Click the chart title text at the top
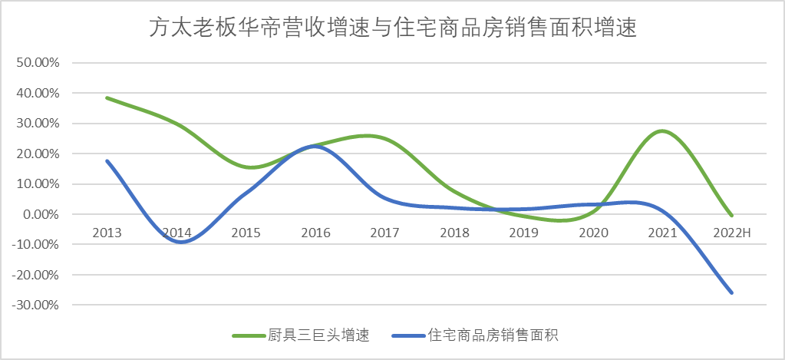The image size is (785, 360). pyautogui.click(x=392, y=28)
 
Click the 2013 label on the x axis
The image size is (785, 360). pyautogui.click(x=107, y=231)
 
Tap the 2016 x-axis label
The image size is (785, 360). pyautogui.click(x=315, y=231)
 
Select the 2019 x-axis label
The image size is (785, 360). pyautogui.click(x=524, y=231)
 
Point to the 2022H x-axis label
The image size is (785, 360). pyautogui.click(x=732, y=231)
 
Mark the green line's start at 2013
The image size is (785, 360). pyautogui.click(x=107, y=98)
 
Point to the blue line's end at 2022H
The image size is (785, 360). pyautogui.click(x=732, y=292)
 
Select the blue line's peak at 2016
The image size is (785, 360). pyautogui.click(x=315, y=146)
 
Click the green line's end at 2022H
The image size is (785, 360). pyautogui.click(x=732, y=216)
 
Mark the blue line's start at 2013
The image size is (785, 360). pyautogui.click(x=107, y=160)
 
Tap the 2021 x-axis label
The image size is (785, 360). pyautogui.click(x=662, y=231)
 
